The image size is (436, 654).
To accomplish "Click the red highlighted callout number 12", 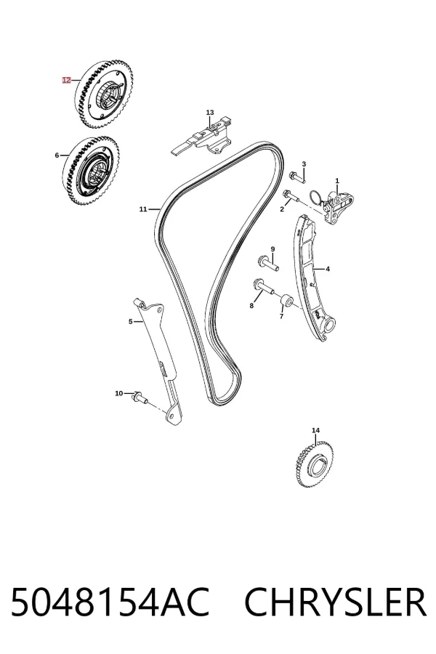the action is [x=66, y=80].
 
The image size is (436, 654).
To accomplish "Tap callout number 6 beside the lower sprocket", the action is [x=57, y=156].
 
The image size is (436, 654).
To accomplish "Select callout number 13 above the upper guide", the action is [x=210, y=113].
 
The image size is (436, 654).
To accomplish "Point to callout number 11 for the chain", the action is [x=143, y=209].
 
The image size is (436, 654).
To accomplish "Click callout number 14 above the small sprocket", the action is [x=316, y=430].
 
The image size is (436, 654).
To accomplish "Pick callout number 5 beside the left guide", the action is [x=130, y=321].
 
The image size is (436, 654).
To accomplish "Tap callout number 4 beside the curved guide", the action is [x=328, y=269].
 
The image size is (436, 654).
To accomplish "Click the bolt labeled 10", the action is [x=140, y=397].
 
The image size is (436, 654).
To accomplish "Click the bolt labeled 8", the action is [x=263, y=288].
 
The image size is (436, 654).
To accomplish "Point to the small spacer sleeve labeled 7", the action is [x=286, y=300].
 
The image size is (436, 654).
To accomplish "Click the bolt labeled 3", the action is [x=296, y=177].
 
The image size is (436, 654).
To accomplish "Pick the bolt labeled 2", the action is [x=290, y=196].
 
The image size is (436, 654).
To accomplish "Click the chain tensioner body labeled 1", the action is [x=339, y=208].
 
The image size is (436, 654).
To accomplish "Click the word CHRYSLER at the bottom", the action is [x=335, y=602].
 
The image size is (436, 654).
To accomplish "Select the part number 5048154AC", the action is [x=110, y=602].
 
